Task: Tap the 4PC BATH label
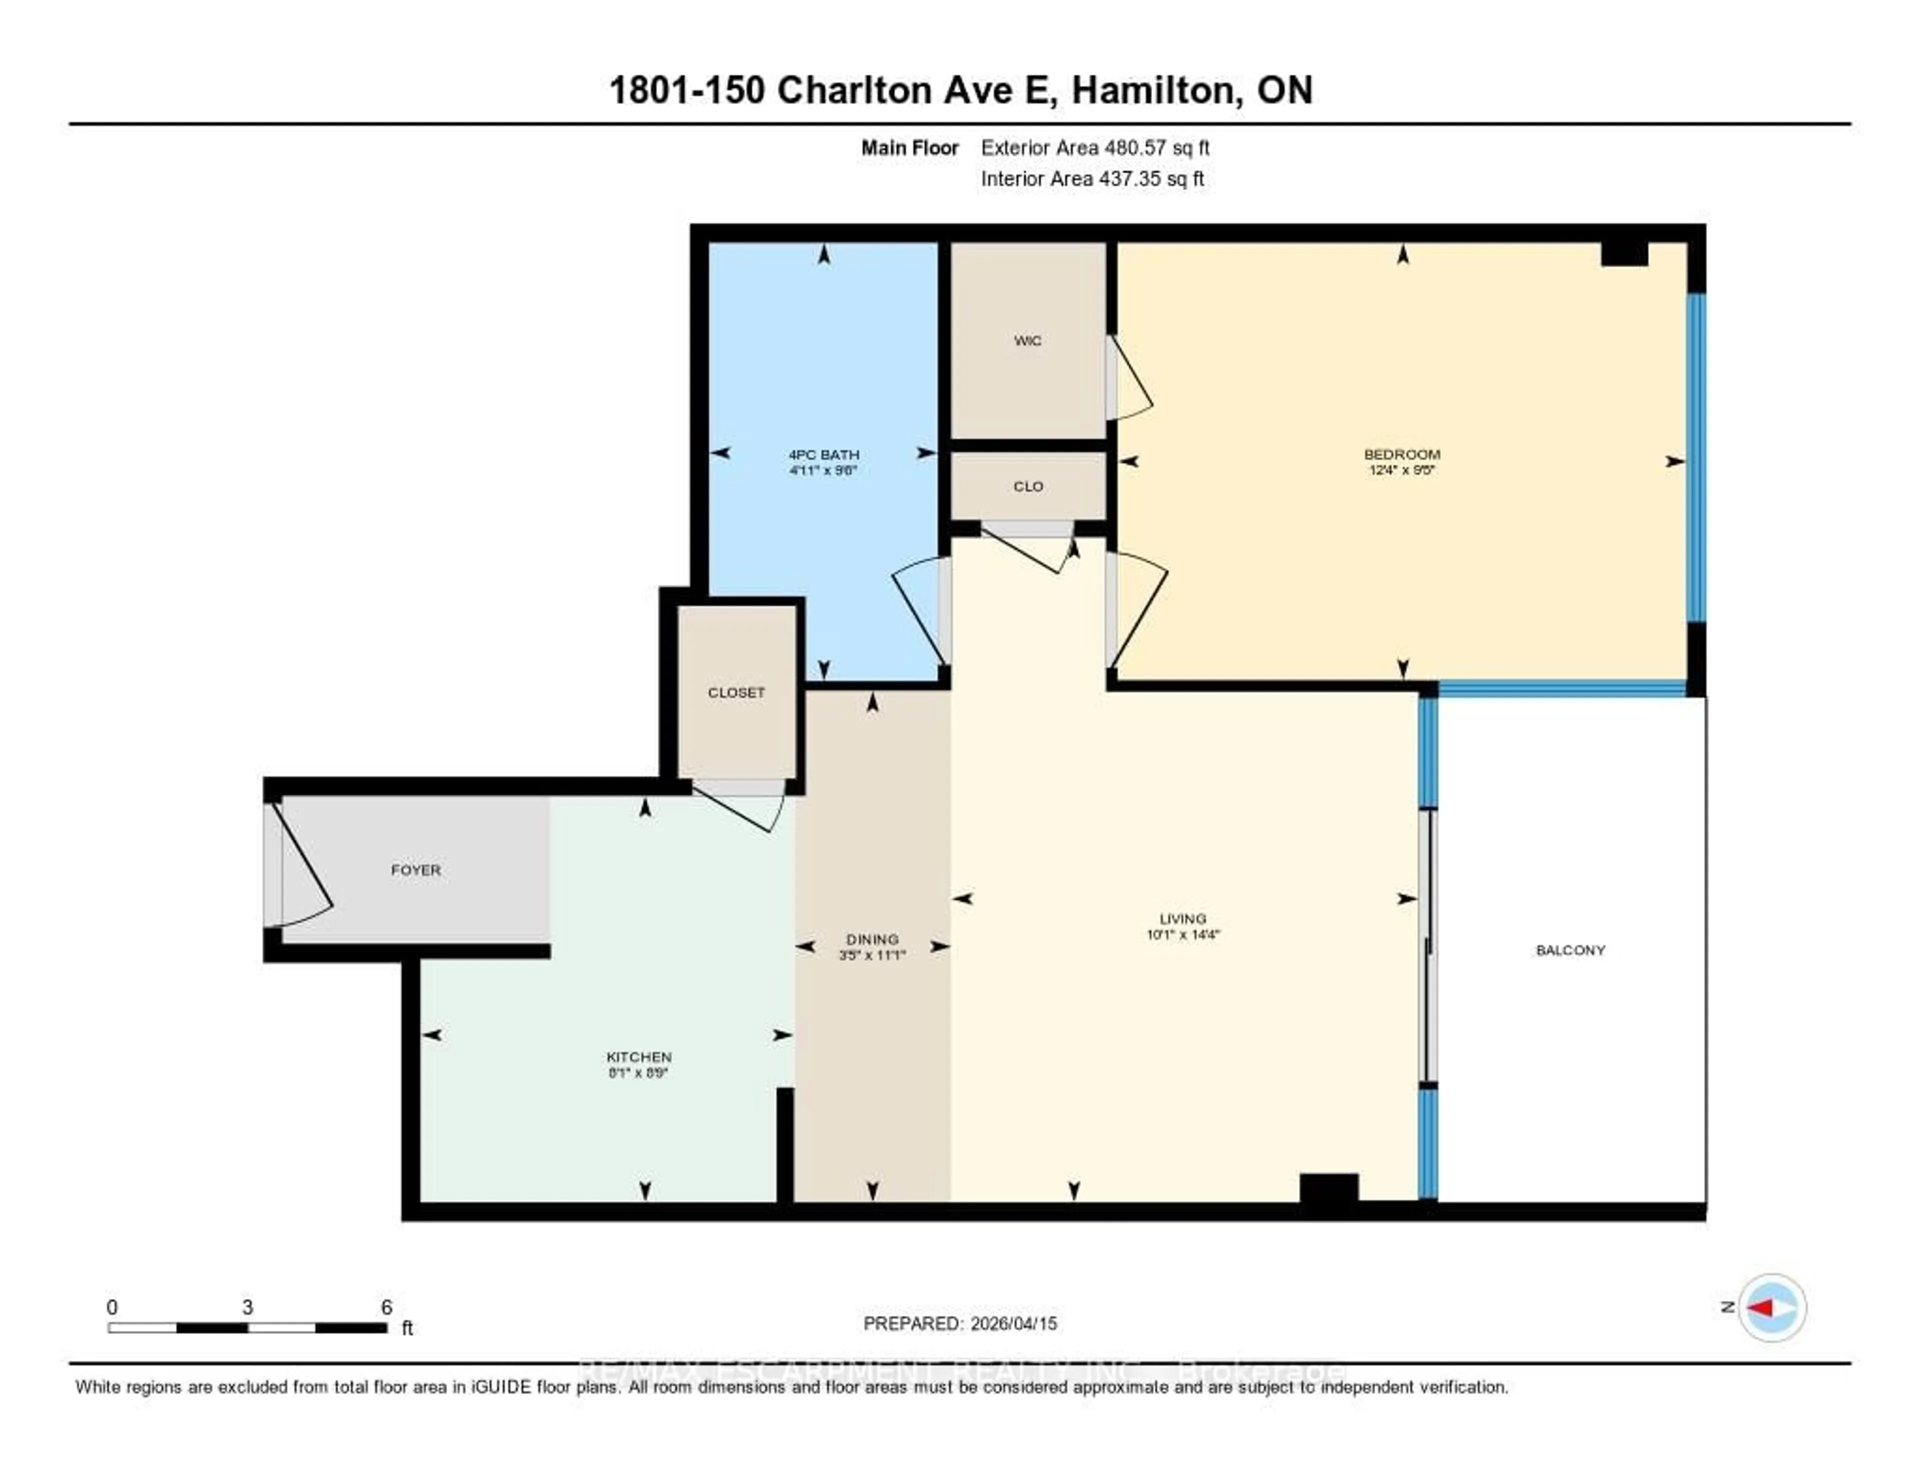pyautogui.click(x=823, y=454)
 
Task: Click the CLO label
pyautogui.click(x=1027, y=486)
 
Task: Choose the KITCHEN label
pyautogui.click(x=639, y=1056)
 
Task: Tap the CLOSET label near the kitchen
pyautogui.click(x=736, y=692)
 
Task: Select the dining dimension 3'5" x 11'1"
pyautogui.click(x=872, y=954)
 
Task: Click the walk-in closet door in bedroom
pyautogui.click(x=1129, y=378)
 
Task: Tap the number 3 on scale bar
pyautogui.click(x=248, y=1307)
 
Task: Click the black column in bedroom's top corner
pyautogui.click(x=1623, y=253)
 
